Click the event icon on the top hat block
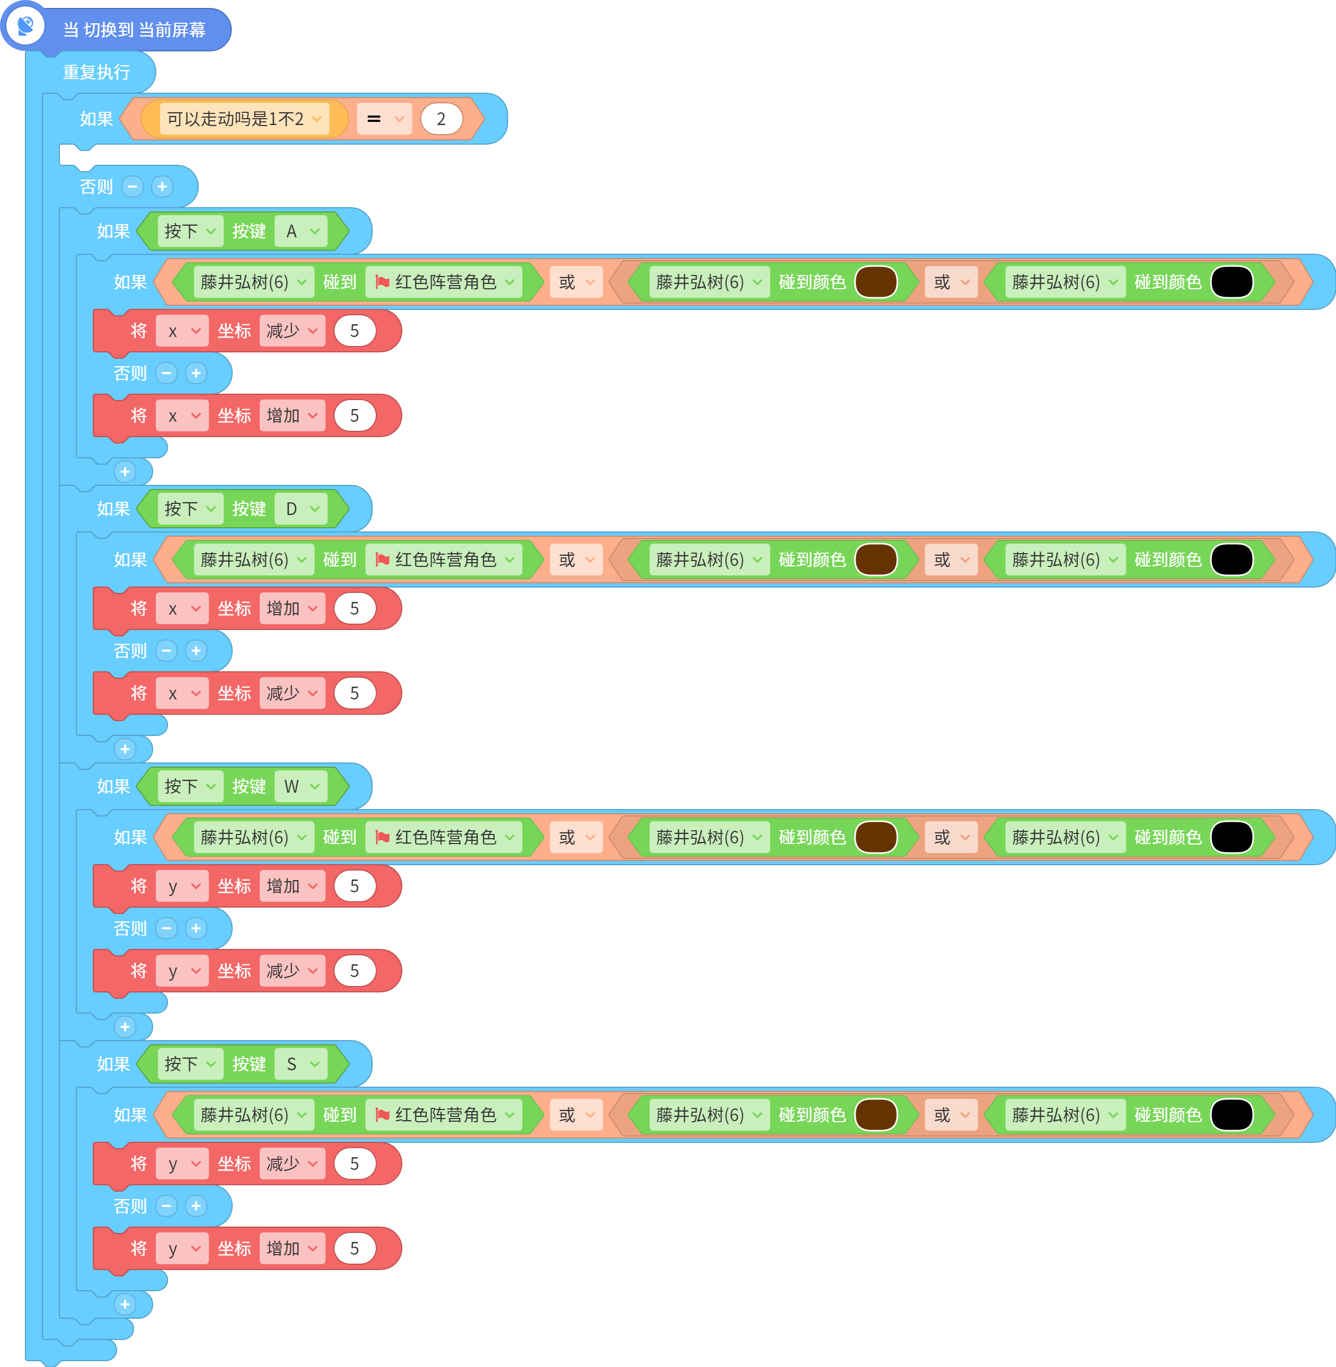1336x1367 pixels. (26, 26)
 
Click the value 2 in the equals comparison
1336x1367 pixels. (441, 119)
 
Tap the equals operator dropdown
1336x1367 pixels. (384, 119)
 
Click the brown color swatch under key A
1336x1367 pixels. (876, 282)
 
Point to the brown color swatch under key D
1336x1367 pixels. (876, 560)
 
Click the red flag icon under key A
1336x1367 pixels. (382, 282)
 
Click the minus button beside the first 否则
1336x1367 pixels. (133, 187)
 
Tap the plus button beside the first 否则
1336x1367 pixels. (162, 187)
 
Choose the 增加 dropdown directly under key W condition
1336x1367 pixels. (292, 886)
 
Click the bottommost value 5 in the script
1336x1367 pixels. (354, 1248)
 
